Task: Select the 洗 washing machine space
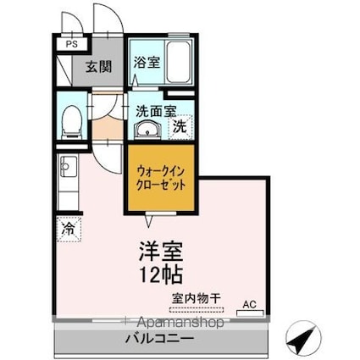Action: (180, 128)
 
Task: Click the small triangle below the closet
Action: (150, 222)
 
